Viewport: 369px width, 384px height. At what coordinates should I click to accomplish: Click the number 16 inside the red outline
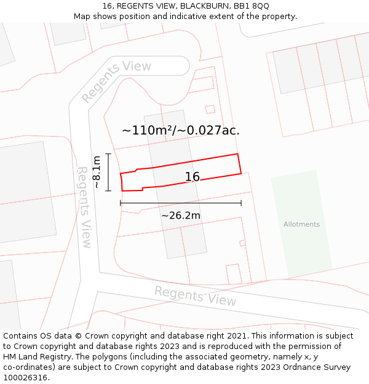click(192, 177)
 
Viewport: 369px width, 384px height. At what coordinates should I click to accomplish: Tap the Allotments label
click(301, 224)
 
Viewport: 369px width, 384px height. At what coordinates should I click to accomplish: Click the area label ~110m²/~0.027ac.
click(181, 130)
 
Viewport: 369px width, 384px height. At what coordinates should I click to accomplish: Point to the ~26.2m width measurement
click(181, 215)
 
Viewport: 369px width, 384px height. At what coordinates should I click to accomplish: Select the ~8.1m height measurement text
click(97, 172)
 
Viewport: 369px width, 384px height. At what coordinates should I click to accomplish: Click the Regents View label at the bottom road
click(195, 296)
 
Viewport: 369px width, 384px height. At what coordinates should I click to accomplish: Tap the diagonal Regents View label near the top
click(116, 81)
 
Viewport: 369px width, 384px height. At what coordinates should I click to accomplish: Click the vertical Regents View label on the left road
click(84, 207)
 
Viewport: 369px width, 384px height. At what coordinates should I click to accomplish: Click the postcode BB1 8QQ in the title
click(252, 6)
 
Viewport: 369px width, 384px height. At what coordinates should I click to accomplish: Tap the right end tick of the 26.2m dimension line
click(241, 203)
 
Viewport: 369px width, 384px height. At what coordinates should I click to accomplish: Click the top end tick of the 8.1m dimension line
click(108, 154)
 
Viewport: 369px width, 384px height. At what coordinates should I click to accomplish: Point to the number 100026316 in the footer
click(26, 377)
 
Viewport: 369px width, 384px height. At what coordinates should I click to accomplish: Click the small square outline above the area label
click(210, 109)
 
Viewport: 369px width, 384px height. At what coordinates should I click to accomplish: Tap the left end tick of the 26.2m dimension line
click(121, 203)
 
